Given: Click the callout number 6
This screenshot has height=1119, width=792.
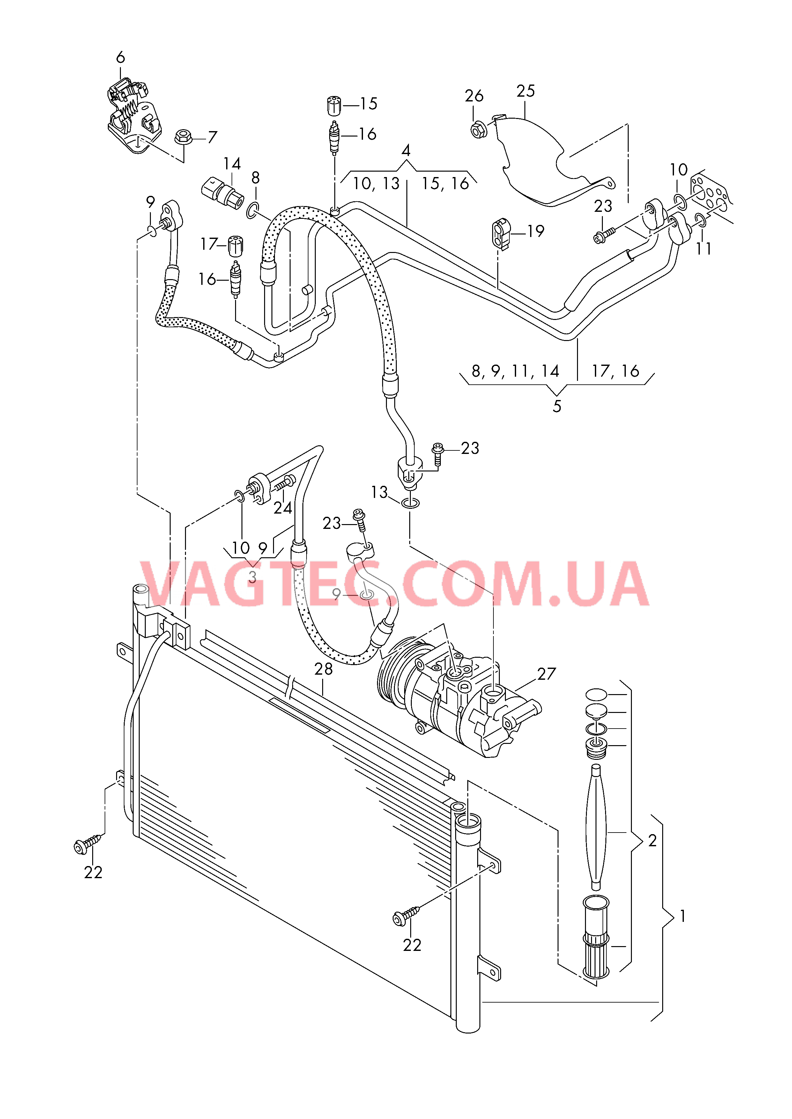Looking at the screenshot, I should pos(121,57).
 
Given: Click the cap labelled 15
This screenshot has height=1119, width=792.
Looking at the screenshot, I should pos(334,105).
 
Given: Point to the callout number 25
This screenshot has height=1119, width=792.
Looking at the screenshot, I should pos(526,91).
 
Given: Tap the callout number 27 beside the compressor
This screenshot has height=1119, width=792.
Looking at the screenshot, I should pos(547,674).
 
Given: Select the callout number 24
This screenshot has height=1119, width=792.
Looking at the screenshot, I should pos(283,508).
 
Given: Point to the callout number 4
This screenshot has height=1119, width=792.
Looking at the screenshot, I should pos(406,150).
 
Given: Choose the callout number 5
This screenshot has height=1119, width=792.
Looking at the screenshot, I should pos(557,406).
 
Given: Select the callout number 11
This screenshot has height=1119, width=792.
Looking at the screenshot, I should pos(704,249).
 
